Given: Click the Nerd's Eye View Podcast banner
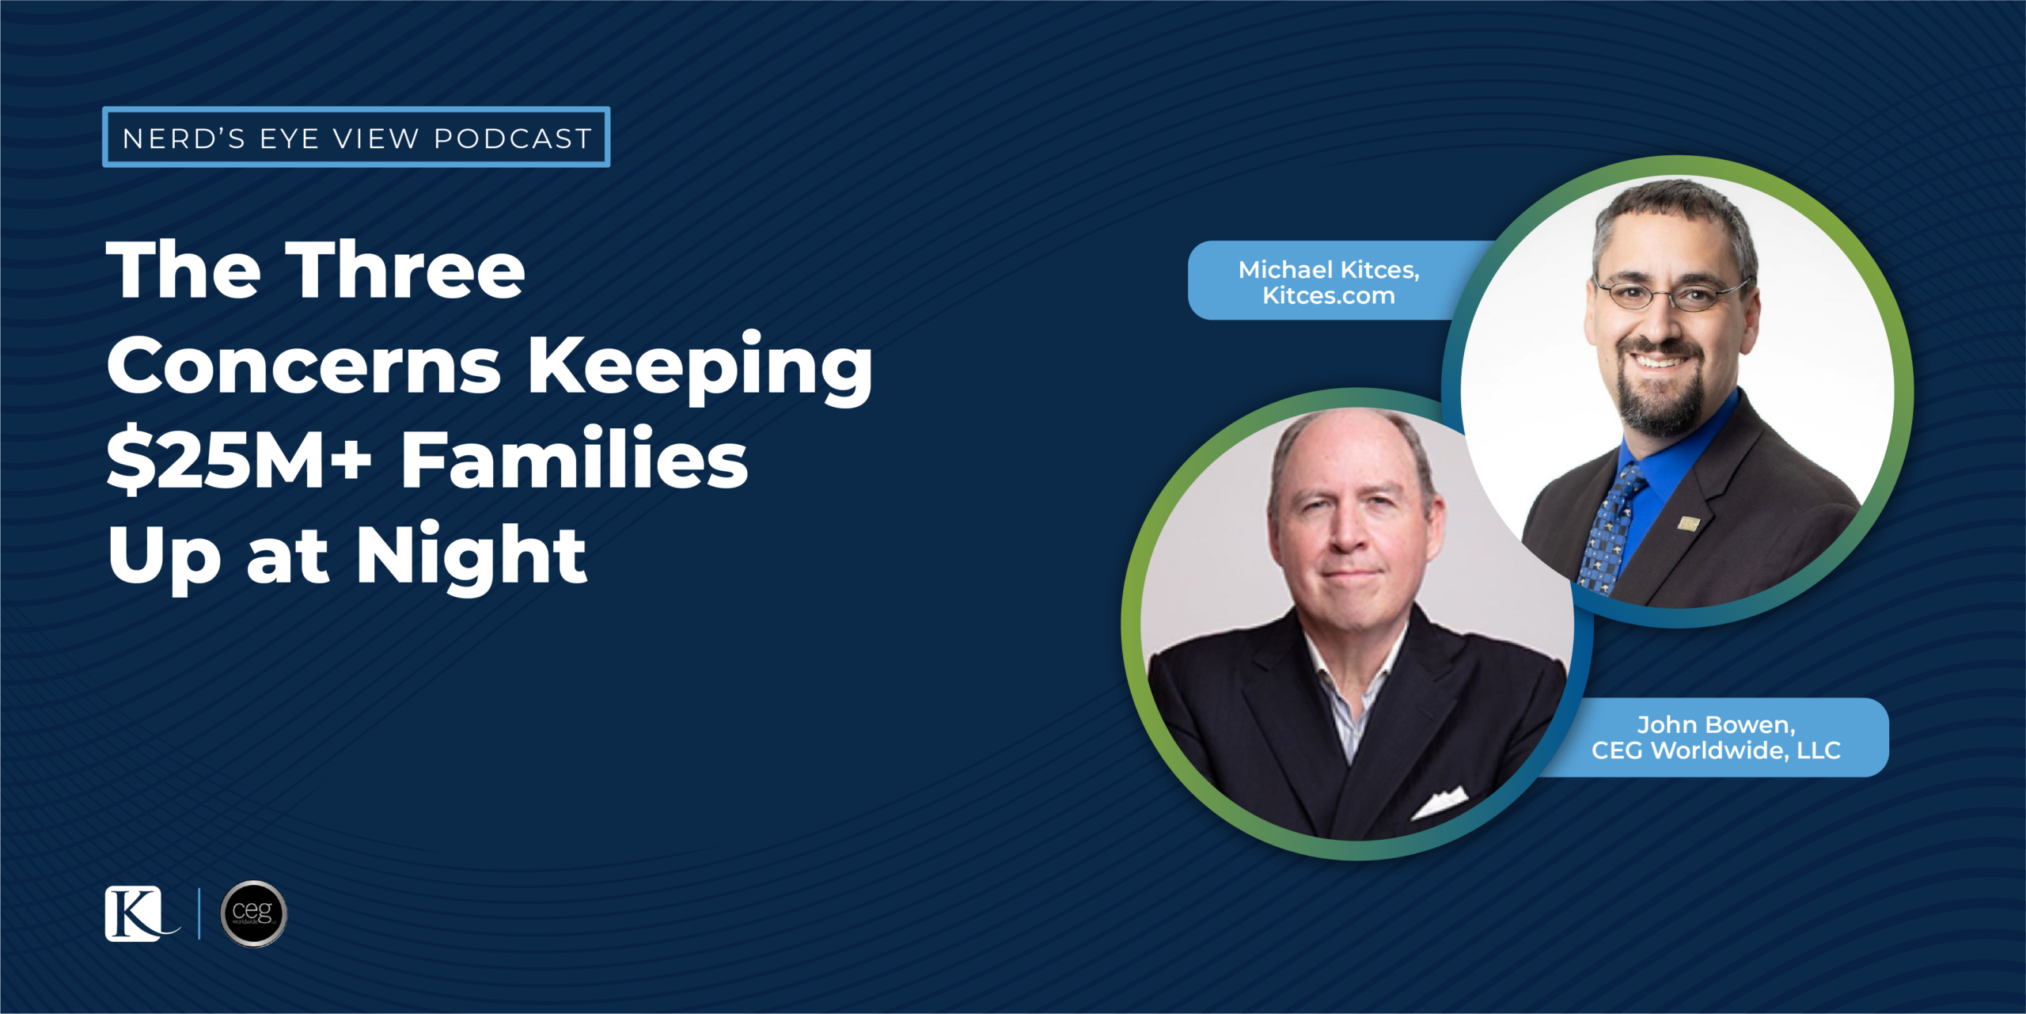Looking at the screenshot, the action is tap(356, 137).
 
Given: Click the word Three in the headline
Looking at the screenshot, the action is tap(405, 270).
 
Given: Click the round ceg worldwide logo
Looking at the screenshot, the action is tap(253, 913).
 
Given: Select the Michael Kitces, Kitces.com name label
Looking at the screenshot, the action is tap(1329, 281).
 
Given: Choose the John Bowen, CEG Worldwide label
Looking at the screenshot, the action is tap(1716, 737).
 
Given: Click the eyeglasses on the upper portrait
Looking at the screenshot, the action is tap(1670, 294).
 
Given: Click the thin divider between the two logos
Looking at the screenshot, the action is tap(199, 913).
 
